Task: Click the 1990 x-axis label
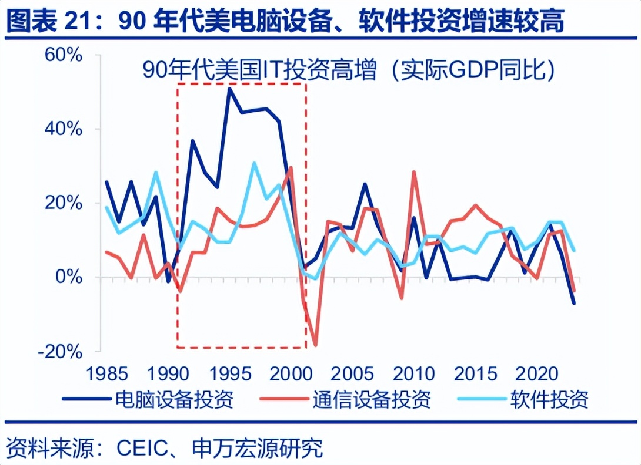tap(166, 373)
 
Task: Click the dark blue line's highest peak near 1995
tap(229, 88)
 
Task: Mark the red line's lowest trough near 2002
tap(316, 345)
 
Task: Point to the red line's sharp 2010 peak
tap(413, 172)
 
